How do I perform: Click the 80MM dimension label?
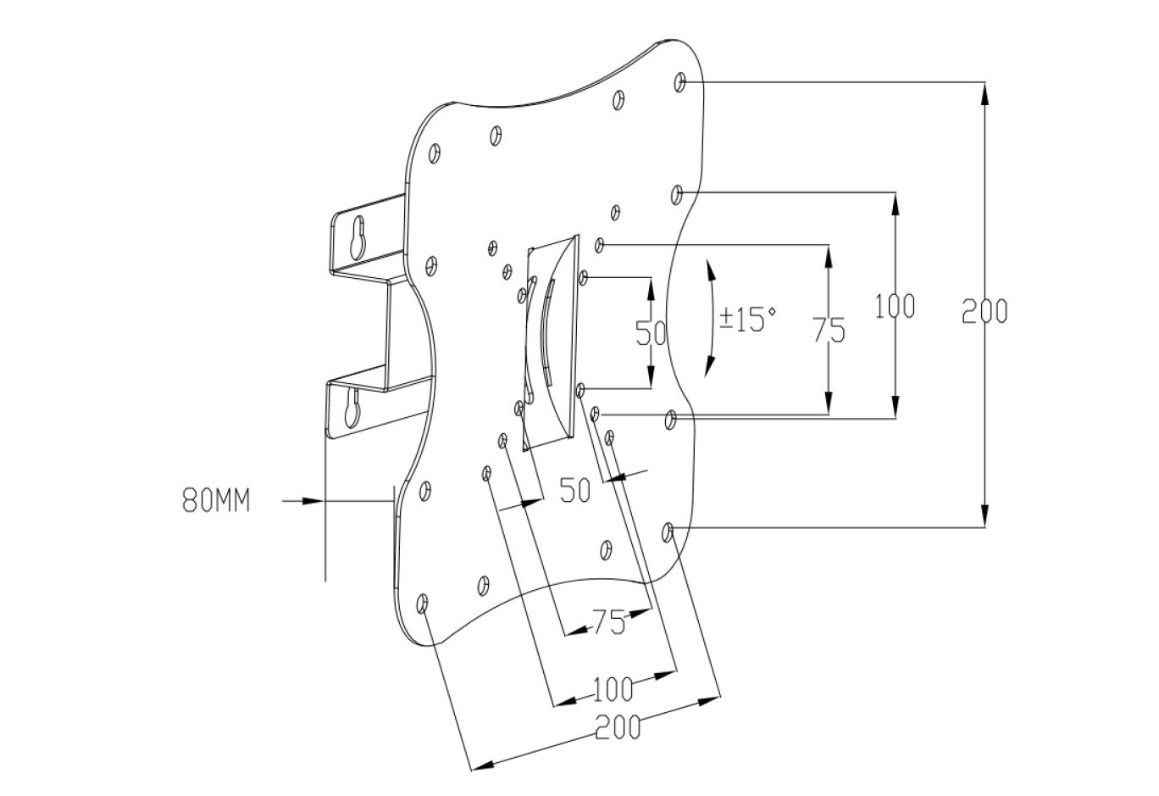click(x=216, y=501)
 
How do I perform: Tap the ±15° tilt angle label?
click(x=748, y=320)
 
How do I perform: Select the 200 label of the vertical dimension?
click(x=985, y=312)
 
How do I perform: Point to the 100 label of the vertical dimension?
click(x=896, y=306)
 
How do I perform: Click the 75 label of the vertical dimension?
click(x=829, y=329)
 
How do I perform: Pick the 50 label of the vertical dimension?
click(x=651, y=333)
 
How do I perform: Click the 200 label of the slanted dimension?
click(x=617, y=727)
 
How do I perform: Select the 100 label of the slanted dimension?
click(x=612, y=689)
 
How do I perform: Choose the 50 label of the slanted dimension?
click(x=575, y=490)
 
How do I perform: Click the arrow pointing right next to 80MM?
click(x=305, y=502)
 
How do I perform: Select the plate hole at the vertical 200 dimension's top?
click(x=681, y=82)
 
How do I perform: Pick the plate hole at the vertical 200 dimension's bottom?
click(x=667, y=532)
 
